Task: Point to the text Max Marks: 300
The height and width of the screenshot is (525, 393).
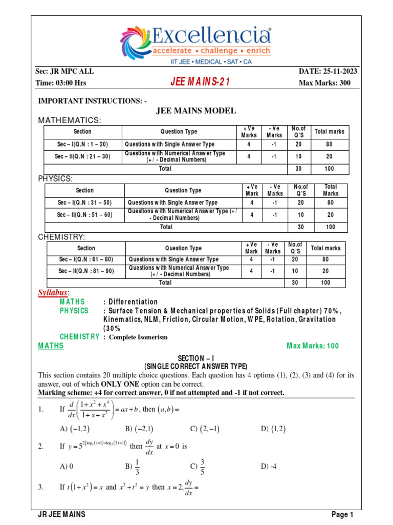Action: tap(324, 83)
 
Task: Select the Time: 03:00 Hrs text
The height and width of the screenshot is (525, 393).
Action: tap(61, 83)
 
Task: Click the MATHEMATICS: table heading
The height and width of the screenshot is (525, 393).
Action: tap(70, 120)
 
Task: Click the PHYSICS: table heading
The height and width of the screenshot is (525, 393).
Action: tap(56, 179)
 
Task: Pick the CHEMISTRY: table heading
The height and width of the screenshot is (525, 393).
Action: tap(62, 236)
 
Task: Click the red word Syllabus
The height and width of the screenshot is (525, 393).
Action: tap(53, 292)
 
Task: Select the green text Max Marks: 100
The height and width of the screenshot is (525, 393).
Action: tap(313, 346)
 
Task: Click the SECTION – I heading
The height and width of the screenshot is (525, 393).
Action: tap(196, 359)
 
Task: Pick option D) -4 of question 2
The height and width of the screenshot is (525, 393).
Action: tap(269, 466)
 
